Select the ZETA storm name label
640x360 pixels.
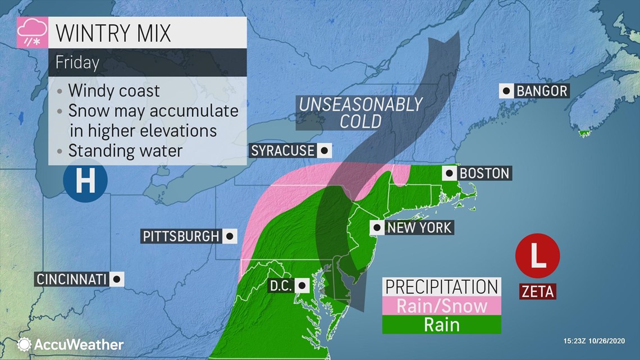click(x=537, y=291)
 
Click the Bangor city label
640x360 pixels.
click(x=541, y=90)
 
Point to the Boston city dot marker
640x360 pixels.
click(x=450, y=172)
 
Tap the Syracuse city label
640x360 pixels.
click(x=282, y=151)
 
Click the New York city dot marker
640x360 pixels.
click(x=377, y=227)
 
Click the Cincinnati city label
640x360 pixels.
click(x=71, y=279)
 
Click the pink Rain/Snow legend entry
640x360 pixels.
click(x=441, y=306)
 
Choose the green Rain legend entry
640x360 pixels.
click(x=441, y=325)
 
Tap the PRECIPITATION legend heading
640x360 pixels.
click(x=441, y=286)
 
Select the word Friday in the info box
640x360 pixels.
click(x=77, y=62)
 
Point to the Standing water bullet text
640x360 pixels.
click(x=125, y=151)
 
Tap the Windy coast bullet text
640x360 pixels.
click(x=114, y=90)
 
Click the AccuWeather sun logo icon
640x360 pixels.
click(x=24, y=344)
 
